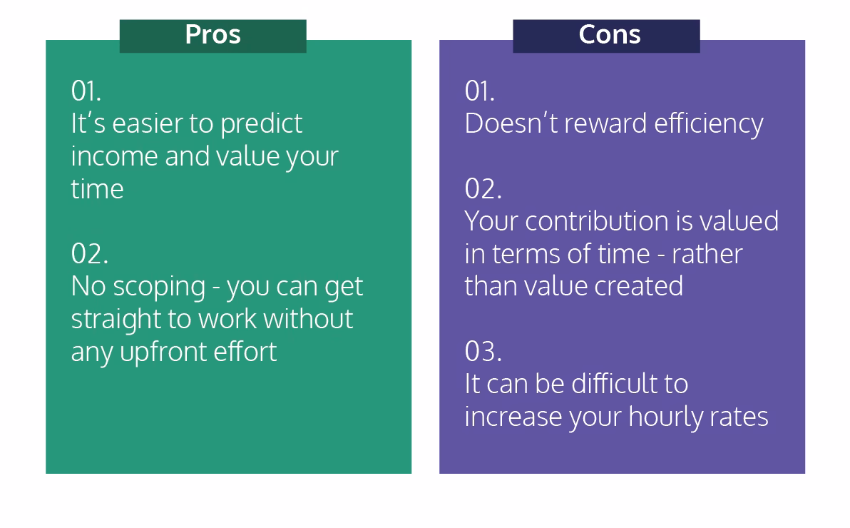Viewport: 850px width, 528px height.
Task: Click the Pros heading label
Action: (x=212, y=35)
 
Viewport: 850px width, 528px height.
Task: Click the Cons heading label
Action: (x=609, y=35)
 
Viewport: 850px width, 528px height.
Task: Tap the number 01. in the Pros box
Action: (x=86, y=91)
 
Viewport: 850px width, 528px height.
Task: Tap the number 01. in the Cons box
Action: (x=479, y=91)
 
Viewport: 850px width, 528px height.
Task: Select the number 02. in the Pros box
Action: (x=89, y=254)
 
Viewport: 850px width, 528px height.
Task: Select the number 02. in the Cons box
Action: (x=483, y=189)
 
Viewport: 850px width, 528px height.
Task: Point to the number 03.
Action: (x=483, y=352)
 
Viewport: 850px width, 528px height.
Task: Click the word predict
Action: (x=261, y=124)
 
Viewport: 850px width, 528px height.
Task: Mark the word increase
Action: (x=513, y=417)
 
